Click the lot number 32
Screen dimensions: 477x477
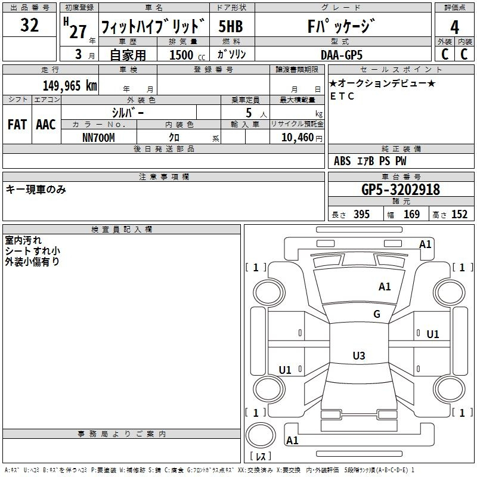29,26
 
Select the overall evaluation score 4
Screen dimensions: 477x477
454,27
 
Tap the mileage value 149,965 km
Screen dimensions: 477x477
70,85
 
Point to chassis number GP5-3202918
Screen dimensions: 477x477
401,190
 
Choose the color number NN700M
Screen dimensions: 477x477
98,137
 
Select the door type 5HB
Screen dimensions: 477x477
230,27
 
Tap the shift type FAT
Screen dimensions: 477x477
17,125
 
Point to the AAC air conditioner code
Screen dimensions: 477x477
46,125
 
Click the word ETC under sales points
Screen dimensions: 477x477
342,96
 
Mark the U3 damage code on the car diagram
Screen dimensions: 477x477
358,356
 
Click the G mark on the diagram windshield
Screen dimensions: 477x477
377,314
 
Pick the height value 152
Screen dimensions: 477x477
459,215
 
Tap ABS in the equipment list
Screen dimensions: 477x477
342,161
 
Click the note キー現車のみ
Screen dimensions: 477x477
36,190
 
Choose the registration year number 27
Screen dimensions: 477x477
78,31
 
